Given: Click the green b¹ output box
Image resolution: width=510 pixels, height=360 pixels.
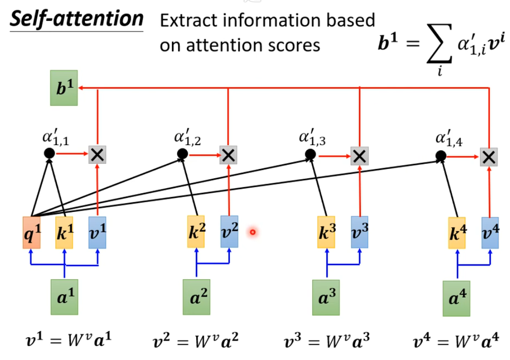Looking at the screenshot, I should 64,88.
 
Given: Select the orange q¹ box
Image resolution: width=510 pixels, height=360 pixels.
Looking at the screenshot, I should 31,232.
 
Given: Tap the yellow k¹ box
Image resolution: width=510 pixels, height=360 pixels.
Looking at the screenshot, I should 64,232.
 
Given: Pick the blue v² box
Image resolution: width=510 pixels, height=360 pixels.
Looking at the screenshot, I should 229,232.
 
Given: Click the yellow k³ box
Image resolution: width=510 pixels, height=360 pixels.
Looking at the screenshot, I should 326,232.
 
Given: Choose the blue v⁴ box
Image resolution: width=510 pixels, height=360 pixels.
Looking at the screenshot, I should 490,232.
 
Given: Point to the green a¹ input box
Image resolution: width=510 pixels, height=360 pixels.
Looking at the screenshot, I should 64,297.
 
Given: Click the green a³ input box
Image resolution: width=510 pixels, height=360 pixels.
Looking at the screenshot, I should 326,297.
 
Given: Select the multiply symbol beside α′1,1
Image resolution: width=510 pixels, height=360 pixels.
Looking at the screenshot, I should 97,155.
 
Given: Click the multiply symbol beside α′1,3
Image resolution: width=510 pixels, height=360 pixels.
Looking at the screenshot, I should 359,155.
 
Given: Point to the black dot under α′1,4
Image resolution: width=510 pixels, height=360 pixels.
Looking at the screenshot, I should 440,156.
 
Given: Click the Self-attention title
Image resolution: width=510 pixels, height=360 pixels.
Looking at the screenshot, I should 77,19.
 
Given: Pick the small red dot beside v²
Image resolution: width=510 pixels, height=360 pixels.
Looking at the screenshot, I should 253,231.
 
